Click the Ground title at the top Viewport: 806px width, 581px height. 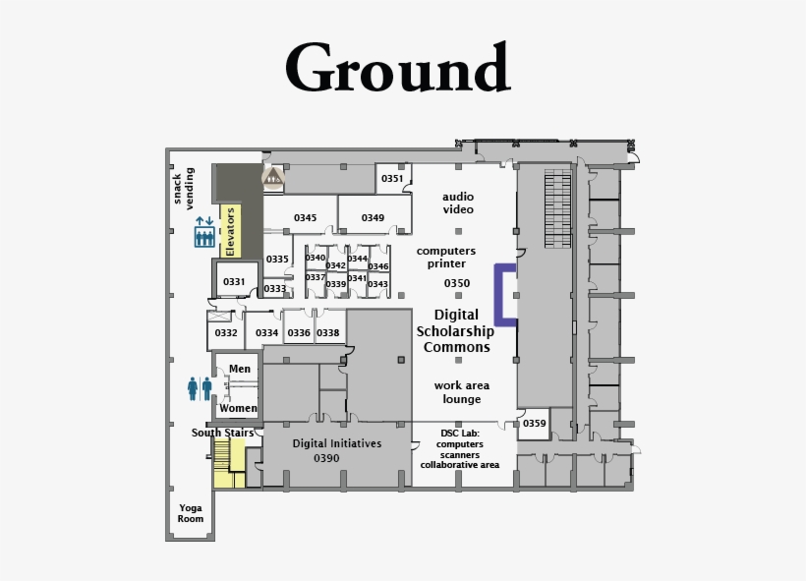(398, 69)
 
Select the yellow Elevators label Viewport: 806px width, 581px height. (231, 231)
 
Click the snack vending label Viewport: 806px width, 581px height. (184, 188)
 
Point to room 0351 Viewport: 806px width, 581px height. (392, 179)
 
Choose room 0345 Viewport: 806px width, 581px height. (305, 217)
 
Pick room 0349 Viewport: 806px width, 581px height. (373, 217)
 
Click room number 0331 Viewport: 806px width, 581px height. (234, 282)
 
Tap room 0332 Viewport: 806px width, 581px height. (226, 333)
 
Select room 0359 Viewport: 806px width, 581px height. (534, 424)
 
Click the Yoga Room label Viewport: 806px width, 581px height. (191, 513)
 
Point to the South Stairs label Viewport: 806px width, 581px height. (222, 433)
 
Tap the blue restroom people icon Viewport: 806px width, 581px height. (200, 388)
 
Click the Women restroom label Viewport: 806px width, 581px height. (238, 408)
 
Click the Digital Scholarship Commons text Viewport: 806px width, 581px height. (456, 331)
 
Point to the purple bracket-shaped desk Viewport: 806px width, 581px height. (504, 294)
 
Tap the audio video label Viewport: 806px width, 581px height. (458, 203)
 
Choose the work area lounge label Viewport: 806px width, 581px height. (461, 392)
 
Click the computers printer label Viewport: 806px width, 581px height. (446, 258)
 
